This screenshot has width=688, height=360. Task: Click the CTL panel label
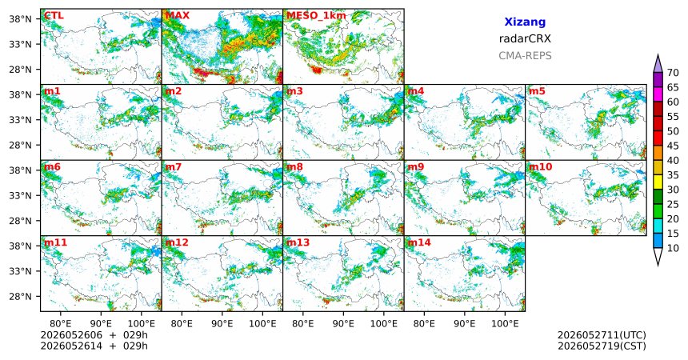click(54, 16)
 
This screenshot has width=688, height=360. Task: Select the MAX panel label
click(178, 16)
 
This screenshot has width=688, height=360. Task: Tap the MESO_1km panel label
click(316, 16)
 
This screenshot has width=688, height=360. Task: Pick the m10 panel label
click(540, 167)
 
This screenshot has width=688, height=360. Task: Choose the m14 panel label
click(418, 242)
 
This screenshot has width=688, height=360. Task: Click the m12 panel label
click(176, 242)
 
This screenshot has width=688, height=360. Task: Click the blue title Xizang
click(525, 22)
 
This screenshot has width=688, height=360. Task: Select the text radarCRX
click(525, 38)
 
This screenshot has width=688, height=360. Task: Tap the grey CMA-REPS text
click(525, 56)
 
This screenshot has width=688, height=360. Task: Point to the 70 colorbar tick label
click(673, 73)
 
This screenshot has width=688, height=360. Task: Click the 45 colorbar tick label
click(673, 146)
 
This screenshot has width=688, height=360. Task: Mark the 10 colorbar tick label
click(673, 248)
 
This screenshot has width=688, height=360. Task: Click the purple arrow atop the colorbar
click(658, 64)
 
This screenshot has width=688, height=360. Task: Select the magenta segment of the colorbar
click(658, 94)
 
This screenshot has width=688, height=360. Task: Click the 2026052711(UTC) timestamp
click(602, 335)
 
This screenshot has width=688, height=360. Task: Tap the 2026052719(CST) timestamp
click(602, 346)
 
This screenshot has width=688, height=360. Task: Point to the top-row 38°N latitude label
click(21, 19)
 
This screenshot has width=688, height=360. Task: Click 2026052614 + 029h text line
click(94, 346)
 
